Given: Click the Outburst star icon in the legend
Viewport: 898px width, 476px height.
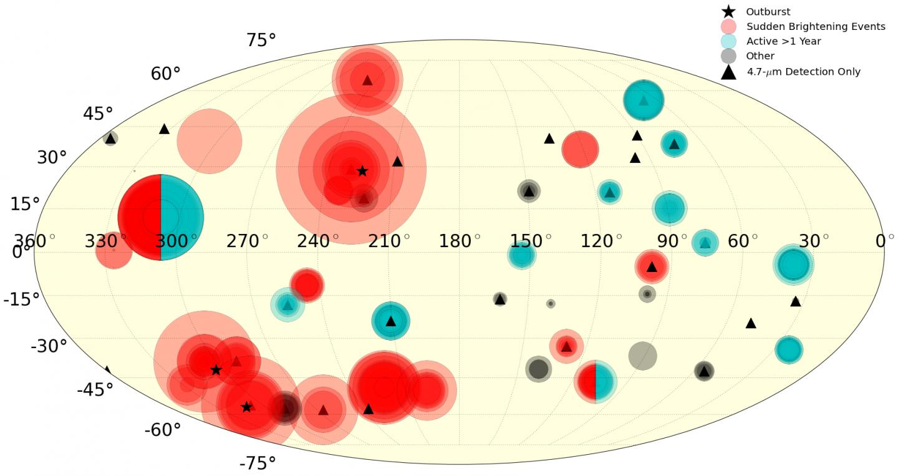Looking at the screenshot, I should [x=728, y=11].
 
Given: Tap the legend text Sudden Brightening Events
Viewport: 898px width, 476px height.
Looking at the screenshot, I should [x=816, y=26].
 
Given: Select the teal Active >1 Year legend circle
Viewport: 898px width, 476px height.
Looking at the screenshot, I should [x=728, y=41].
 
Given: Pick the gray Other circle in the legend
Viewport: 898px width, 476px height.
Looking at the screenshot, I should [x=728, y=56].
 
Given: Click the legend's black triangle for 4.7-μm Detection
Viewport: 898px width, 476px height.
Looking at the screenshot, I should [x=728, y=72].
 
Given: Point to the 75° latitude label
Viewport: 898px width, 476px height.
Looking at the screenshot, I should [x=261, y=41].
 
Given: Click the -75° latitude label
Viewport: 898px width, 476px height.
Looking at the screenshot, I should [x=257, y=463].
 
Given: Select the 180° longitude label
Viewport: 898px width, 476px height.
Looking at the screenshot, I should [x=460, y=240].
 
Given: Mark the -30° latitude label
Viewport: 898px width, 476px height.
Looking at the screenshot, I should [x=48, y=346].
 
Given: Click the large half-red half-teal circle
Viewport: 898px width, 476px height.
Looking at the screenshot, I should [x=160, y=217].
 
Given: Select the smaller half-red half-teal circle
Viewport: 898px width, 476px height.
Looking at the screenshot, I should [x=596, y=381].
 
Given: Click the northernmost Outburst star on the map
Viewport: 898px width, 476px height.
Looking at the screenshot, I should [x=362, y=171].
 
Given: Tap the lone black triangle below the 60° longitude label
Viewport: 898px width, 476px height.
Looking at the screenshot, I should [x=751, y=323].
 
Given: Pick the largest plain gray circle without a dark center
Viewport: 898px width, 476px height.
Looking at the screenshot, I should [x=642, y=356].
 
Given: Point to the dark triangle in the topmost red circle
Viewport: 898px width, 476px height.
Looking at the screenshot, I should [x=367, y=80].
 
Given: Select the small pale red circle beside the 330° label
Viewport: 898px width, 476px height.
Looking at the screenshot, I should [x=113, y=251].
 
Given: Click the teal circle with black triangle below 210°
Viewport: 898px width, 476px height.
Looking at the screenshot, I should [x=391, y=321].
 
